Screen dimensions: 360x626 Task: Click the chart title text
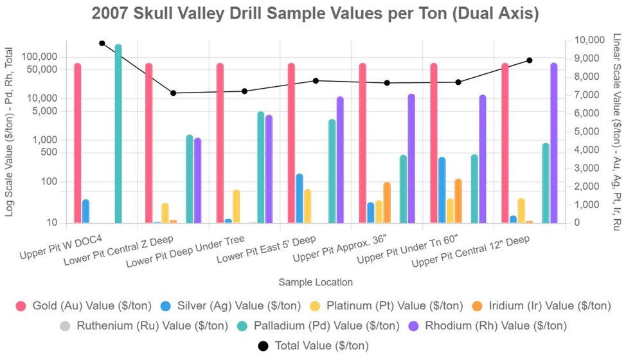(315, 14)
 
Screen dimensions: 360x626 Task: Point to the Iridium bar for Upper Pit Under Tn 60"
(458, 201)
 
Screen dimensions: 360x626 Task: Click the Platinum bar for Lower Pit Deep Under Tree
(237, 206)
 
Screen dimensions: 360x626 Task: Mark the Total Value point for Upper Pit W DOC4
(102, 43)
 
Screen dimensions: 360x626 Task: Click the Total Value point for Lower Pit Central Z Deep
(173, 93)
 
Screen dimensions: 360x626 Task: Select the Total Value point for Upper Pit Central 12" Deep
(530, 60)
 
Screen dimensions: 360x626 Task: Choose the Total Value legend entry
(313, 346)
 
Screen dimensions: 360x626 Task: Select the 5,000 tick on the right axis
(588, 132)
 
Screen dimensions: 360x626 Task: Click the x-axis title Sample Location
(316, 282)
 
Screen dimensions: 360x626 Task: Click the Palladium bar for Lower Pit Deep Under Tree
(261, 167)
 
